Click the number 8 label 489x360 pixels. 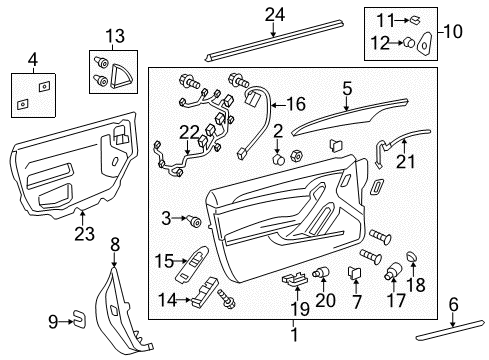click(114, 242)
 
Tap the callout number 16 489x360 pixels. click(295, 103)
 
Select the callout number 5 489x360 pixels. click(346, 89)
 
